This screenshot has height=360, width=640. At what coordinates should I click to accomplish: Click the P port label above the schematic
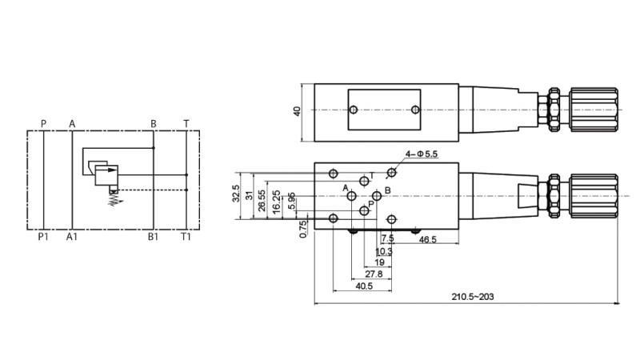tap(43, 123)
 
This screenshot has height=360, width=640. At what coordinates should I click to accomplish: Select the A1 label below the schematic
tap(72, 237)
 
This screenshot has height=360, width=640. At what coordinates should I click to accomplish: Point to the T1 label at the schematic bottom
tap(186, 237)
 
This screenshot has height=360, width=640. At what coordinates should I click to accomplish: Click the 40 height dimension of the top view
tap(297, 111)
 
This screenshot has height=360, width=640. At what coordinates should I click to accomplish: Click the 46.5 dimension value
tap(428, 239)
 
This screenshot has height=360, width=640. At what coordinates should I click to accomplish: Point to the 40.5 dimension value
tap(364, 285)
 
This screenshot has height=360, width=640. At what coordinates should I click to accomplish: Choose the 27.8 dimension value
tap(374, 274)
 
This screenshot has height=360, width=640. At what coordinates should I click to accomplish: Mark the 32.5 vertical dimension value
tap(236, 194)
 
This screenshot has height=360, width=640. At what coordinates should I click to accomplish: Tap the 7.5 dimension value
tap(388, 239)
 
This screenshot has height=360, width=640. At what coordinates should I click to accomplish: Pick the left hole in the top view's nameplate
tap(353, 110)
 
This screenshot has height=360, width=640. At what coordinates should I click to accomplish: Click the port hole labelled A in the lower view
tap(352, 197)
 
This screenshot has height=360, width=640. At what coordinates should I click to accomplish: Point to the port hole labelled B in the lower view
tap(378, 196)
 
